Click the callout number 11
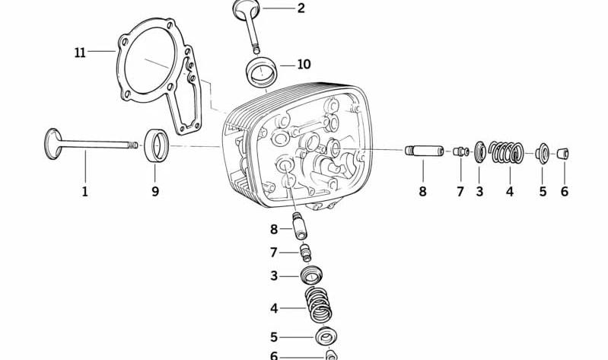click(80, 52)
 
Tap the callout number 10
click(304, 64)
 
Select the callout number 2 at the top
click(301, 8)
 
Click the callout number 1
click(85, 191)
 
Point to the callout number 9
click(155, 191)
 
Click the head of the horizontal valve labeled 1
click(53, 144)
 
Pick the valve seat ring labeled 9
click(157, 146)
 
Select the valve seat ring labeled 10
click(260, 72)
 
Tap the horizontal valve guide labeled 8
click(424, 151)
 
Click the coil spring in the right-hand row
click(506, 152)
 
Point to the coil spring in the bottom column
click(319, 304)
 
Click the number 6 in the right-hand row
click(564, 191)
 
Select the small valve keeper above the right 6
click(563, 154)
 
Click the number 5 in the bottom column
click(274, 337)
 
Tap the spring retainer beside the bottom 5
click(326, 336)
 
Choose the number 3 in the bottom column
click(274, 276)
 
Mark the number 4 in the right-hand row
click(510, 191)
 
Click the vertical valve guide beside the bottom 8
click(300, 227)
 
